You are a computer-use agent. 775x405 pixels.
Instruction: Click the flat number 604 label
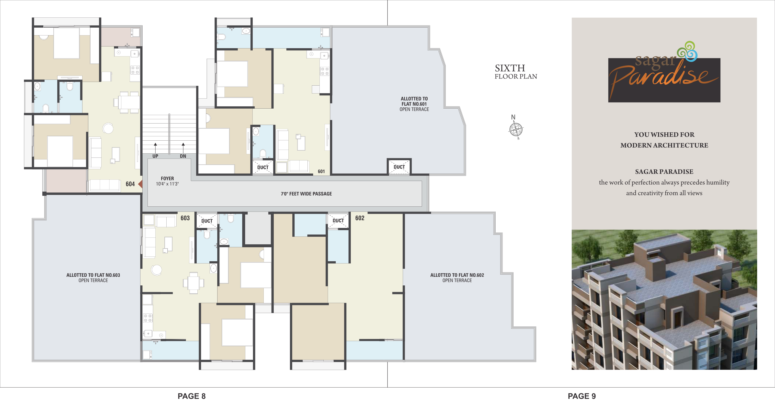click(x=130, y=184)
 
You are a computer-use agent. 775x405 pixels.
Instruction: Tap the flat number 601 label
click(x=321, y=171)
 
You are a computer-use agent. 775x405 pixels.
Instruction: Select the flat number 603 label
click(x=185, y=218)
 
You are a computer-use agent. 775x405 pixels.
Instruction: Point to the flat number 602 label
click(x=360, y=218)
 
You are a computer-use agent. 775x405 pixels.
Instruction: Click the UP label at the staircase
click(x=155, y=156)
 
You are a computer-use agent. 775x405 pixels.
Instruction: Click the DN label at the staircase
click(x=183, y=156)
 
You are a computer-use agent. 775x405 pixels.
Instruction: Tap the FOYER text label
click(x=167, y=178)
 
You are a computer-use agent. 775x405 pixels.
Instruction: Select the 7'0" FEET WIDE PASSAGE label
click(x=306, y=194)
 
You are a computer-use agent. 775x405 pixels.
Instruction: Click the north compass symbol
click(x=516, y=130)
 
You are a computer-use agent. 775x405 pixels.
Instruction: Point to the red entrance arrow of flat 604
click(x=140, y=184)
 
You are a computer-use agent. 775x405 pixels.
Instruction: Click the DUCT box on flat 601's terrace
click(x=399, y=167)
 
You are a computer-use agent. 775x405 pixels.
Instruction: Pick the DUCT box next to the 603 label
click(x=207, y=221)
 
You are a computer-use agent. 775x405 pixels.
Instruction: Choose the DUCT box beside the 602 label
click(x=338, y=221)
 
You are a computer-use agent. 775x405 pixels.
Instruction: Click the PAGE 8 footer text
click(x=192, y=396)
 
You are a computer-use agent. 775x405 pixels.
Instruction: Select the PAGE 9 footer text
click(x=581, y=396)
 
